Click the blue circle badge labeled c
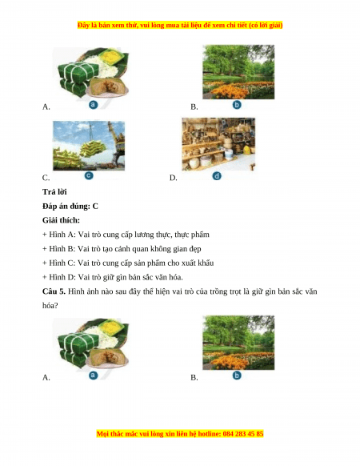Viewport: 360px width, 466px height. click(x=89, y=175)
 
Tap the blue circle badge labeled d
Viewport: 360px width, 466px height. click(x=217, y=176)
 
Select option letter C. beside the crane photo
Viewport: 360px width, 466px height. click(x=46, y=178)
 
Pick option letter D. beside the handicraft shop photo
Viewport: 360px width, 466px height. click(x=173, y=178)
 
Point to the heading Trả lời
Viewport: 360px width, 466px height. click(x=54, y=192)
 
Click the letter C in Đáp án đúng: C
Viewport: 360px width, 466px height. click(x=95, y=207)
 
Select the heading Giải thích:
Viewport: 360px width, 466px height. click(x=61, y=220)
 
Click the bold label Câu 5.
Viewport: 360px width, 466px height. click(x=54, y=291)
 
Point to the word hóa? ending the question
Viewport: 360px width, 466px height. click(x=50, y=306)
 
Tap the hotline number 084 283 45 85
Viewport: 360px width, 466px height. click(x=243, y=434)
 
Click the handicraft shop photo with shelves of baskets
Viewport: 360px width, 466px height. click(x=218, y=144)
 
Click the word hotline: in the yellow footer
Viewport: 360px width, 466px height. click(x=210, y=434)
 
